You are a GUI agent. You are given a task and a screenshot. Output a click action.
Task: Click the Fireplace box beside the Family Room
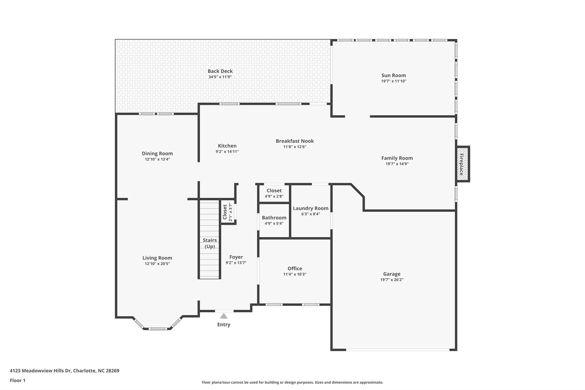(x=462, y=164)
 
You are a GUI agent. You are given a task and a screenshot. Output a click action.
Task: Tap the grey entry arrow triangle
(x=224, y=316)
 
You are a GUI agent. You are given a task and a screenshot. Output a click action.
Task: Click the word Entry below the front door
(x=224, y=325)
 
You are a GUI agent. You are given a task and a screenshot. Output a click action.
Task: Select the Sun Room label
(x=394, y=75)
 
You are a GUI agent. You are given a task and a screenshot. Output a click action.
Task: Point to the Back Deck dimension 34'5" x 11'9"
(x=220, y=77)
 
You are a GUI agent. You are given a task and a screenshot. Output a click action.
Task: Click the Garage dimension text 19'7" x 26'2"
(x=392, y=280)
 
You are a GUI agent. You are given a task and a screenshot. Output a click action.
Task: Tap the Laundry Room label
(x=310, y=209)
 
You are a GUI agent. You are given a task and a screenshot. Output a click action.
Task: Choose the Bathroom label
(x=274, y=218)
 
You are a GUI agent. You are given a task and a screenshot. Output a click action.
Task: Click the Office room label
(x=295, y=269)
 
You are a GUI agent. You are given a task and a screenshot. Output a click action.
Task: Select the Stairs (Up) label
(x=210, y=243)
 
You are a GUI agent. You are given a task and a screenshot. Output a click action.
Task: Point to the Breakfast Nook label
(x=295, y=141)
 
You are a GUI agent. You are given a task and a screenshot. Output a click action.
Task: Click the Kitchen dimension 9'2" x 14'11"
(x=227, y=152)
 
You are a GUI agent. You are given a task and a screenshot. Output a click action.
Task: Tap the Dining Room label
(x=157, y=154)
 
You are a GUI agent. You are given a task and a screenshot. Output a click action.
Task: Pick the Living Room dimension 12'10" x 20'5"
(x=157, y=264)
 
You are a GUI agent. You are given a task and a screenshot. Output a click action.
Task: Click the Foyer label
(x=236, y=257)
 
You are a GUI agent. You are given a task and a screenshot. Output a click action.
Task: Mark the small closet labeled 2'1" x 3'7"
(x=227, y=212)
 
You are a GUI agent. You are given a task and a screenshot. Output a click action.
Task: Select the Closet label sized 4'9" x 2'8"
(x=274, y=191)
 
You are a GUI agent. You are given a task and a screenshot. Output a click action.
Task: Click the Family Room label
(x=397, y=158)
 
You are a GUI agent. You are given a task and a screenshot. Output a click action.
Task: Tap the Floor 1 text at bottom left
(x=18, y=381)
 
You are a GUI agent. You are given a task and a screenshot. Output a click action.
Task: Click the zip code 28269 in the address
(x=113, y=371)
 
